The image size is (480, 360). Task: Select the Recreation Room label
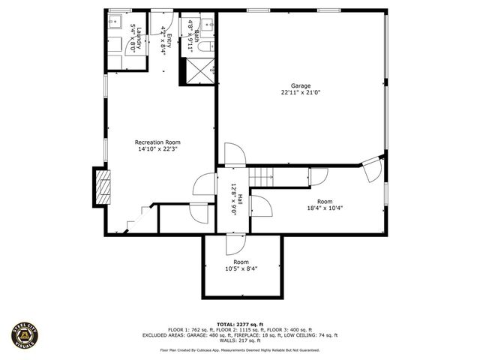157,142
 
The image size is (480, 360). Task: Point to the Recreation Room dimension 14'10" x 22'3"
157,149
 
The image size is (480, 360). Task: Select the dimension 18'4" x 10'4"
324,208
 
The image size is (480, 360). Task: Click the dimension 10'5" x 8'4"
241,268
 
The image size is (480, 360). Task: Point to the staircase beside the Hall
260,178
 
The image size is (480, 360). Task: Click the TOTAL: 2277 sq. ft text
240,322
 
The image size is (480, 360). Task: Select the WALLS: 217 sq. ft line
240,341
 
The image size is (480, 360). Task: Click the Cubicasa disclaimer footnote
240,350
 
